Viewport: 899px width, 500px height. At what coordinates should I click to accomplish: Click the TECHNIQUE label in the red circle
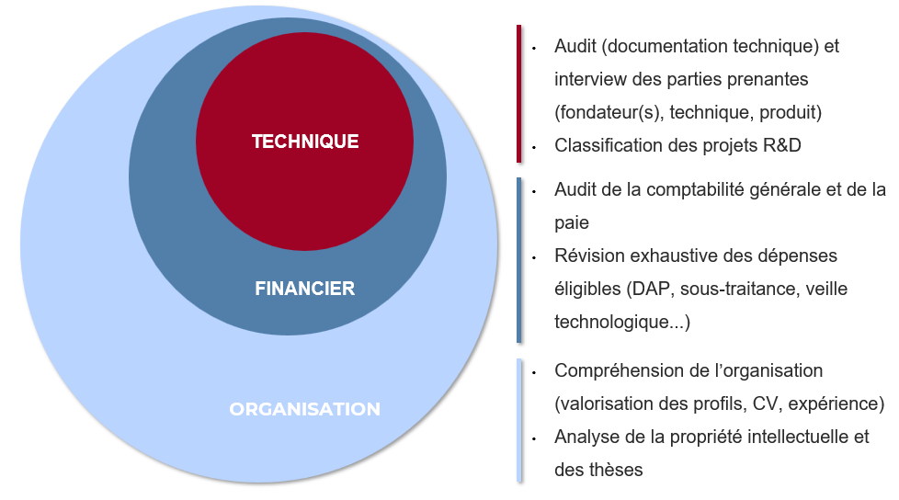pyautogui.click(x=305, y=142)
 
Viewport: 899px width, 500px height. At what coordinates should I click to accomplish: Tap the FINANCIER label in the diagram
pyautogui.click(x=305, y=289)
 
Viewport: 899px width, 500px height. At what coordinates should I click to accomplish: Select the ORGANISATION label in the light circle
pyautogui.click(x=305, y=409)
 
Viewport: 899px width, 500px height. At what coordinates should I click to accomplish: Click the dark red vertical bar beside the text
pyautogui.click(x=518, y=94)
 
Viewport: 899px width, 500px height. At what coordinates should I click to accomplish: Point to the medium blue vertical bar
pyautogui.click(x=518, y=260)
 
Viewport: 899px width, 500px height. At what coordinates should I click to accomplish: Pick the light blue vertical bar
pyautogui.click(x=518, y=420)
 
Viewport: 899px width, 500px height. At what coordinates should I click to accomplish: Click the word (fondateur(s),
pyautogui.click(x=609, y=112)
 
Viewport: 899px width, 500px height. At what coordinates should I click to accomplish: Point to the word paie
pyautogui.click(x=572, y=223)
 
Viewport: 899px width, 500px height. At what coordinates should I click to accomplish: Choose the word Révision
pyautogui.click(x=589, y=256)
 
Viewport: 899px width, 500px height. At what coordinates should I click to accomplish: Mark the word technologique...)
pyautogui.click(x=622, y=323)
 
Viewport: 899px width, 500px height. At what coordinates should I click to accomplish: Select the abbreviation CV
pyautogui.click(x=768, y=404)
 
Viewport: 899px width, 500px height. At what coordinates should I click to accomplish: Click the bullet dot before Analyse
pyautogui.click(x=534, y=438)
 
